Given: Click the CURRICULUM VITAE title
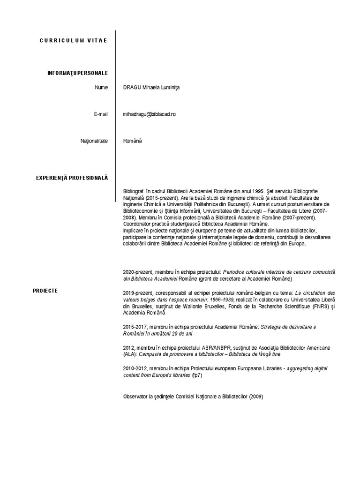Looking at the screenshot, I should (x=74, y=40).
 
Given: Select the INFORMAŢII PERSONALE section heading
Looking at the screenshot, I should (x=77, y=73).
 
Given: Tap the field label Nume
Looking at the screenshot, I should (x=101, y=87).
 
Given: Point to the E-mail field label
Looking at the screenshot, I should (x=100, y=114).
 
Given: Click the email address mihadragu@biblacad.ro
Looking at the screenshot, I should (x=149, y=114).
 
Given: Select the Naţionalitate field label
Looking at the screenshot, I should (x=94, y=141).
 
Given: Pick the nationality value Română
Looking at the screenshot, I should (x=132, y=141).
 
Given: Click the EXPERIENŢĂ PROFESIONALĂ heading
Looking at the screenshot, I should (x=72, y=178).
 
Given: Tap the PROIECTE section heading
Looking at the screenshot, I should (x=45, y=291).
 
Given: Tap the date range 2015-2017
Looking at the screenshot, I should (x=134, y=327).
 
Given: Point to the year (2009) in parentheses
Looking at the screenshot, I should (x=256, y=397).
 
